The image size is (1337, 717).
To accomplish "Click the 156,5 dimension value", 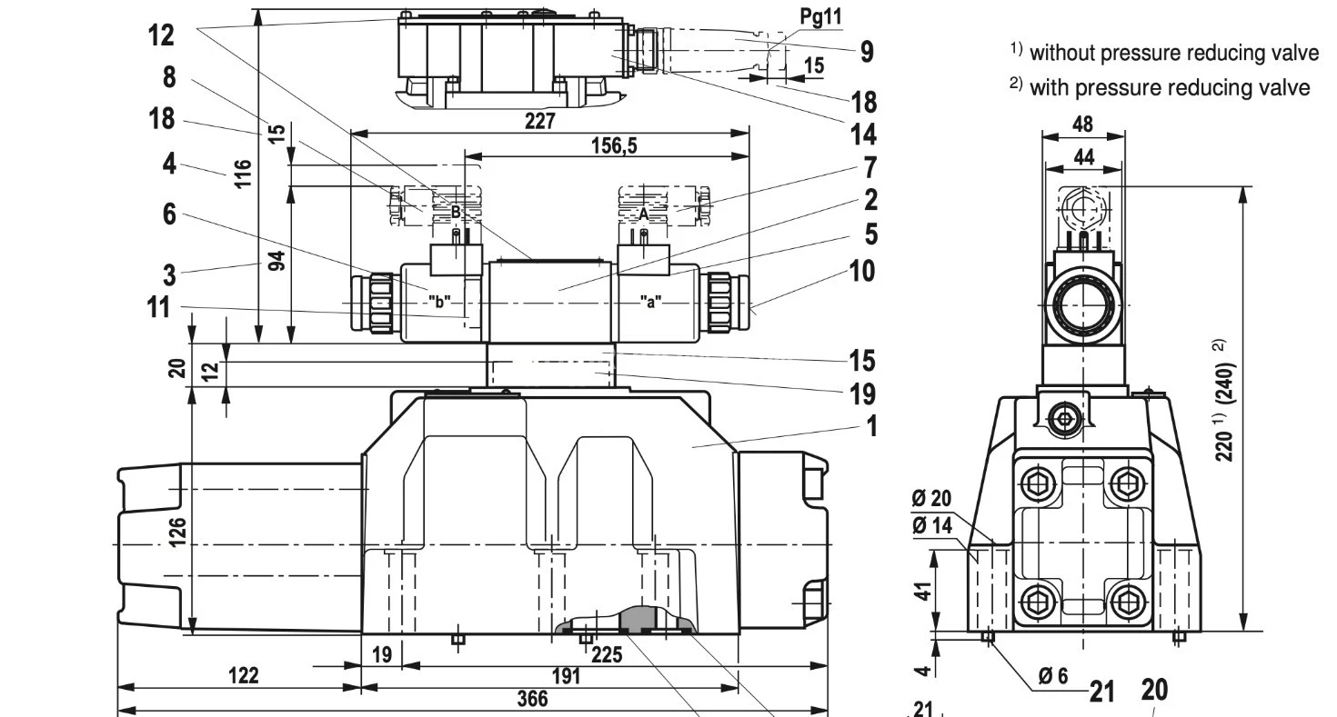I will [x=608, y=145].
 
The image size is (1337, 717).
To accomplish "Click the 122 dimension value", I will [x=243, y=675].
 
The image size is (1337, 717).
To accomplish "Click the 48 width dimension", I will [x=1083, y=124].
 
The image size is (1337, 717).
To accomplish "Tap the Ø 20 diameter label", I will [x=930, y=499].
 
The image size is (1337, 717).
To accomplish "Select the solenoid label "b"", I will [x=439, y=302].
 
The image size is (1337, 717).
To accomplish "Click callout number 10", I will [x=859, y=271].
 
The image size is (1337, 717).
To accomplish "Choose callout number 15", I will [x=861, y=361].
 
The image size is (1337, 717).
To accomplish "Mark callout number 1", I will [x=871, y=425].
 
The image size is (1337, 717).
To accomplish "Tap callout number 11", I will [x=158, y=307].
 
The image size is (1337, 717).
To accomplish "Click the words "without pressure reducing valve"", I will [x=1173, y=53].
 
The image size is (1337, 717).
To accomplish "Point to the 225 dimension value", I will [x=607, y=653].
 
